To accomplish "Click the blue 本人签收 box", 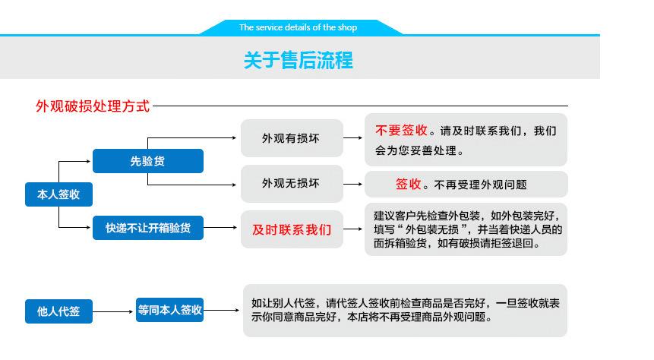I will coord(58,194).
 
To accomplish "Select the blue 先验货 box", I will coord(148,161).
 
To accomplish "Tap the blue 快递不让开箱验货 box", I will coord(148,228).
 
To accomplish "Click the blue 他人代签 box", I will coord(58,311).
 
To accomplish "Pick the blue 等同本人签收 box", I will coord(170,310).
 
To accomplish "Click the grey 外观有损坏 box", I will coord(291,138).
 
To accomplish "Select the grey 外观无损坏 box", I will coord(291,184).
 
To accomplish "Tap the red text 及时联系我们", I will coord(291,229).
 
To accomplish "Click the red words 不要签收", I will coord(400,131).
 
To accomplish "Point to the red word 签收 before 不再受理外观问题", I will coord(409,184).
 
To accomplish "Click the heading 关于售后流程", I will coord(299,61).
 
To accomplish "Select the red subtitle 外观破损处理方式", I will coord(93,106).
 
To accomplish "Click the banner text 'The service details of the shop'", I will coord(298,27).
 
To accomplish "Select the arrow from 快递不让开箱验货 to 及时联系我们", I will coord(221,228).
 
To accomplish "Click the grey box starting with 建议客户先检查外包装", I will coord(466,229).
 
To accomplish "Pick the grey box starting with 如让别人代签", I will coord(405,311).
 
